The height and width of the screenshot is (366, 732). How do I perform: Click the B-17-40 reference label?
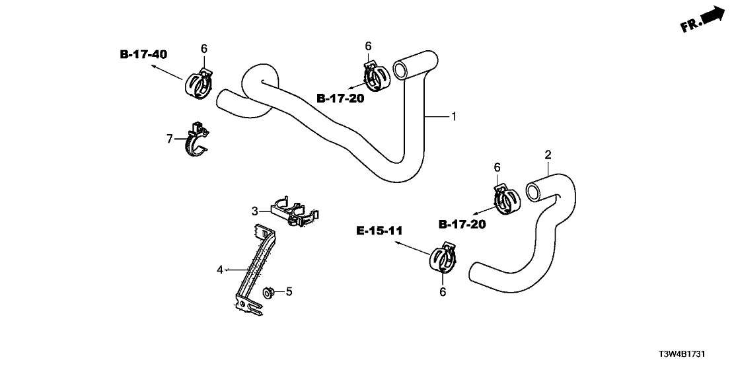tap(143, 54)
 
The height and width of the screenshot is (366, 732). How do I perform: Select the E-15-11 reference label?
tap(379, 231)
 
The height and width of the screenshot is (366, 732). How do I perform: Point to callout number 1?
tap(454, 117)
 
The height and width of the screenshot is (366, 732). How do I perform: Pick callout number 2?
tap(548, 155)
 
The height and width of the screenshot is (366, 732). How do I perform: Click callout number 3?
tap(254, 211)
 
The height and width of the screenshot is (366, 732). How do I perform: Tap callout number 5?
tap(288, 291)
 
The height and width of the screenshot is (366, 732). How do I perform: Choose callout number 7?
tap(170, 139)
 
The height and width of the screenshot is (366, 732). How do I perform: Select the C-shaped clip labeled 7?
tap(197, 142)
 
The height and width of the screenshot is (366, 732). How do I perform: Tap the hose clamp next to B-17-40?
tap(199, 85)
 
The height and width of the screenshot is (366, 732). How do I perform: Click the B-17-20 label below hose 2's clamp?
tap(462, 225)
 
